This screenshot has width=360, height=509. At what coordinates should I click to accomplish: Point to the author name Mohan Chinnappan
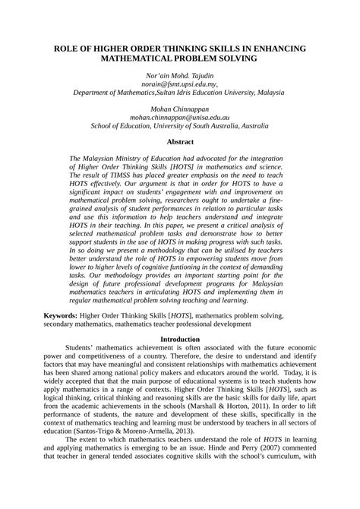pyautogui.click(x=179, y=110)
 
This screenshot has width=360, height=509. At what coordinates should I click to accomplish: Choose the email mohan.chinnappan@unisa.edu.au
pyautogui.click(x=179, y=119)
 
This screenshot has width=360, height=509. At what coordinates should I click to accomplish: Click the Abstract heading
pyautogui.click(x=179, y=141)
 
